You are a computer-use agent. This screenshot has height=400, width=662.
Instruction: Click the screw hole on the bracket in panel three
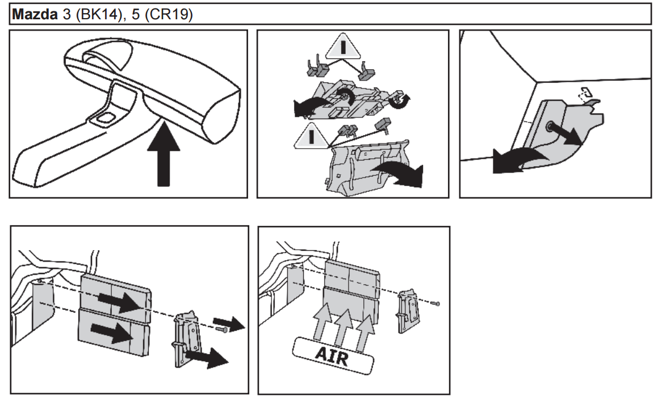click(x=550, y=127)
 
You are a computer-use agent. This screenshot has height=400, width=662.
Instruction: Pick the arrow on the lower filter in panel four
click(x=110, y=333)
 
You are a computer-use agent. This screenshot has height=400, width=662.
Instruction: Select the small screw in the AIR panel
click(x=435, y=305)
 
